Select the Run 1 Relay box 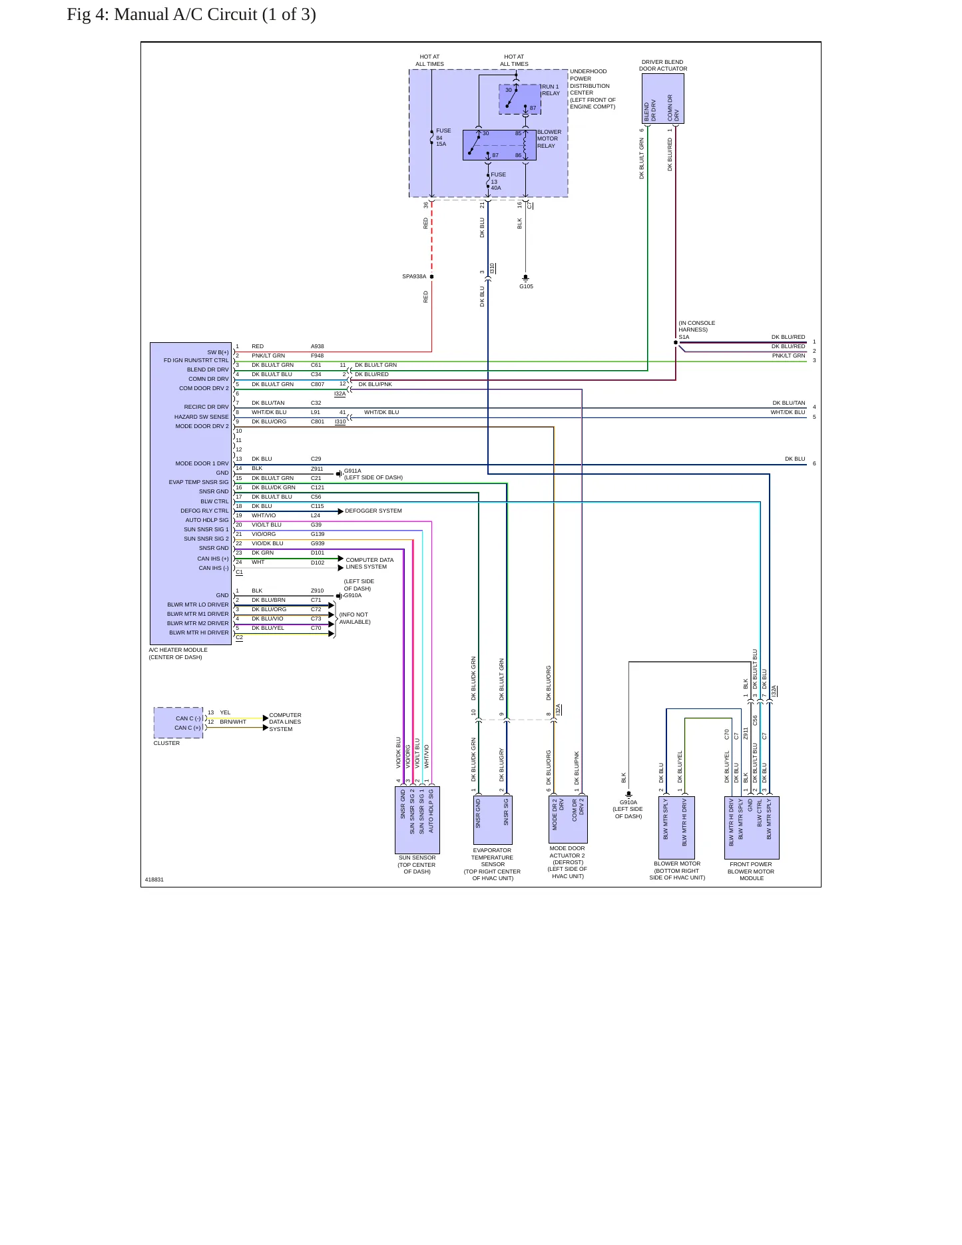(x=520, y=99)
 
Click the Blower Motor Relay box (x=499, y=145)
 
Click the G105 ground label (x=526, y=286)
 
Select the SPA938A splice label (x=414, y=276)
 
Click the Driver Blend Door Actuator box (x=663, y=99)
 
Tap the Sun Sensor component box (x=417, y=820)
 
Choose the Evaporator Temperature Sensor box (x=493, y=820)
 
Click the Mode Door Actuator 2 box (x=568, y=819)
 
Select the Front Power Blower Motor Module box (x=752, y=828)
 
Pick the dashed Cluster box (x=178, y=722)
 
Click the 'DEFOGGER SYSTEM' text (x=373, y=511)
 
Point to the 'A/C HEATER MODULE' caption (x=178, y=650)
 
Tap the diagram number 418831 (x=154, y=879)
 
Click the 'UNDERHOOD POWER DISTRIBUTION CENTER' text (x=589, y=82)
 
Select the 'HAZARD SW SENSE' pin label (x=201, y=417)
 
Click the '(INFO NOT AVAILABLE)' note (x=355, y=619)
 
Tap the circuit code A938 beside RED (x=318, y=346)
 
